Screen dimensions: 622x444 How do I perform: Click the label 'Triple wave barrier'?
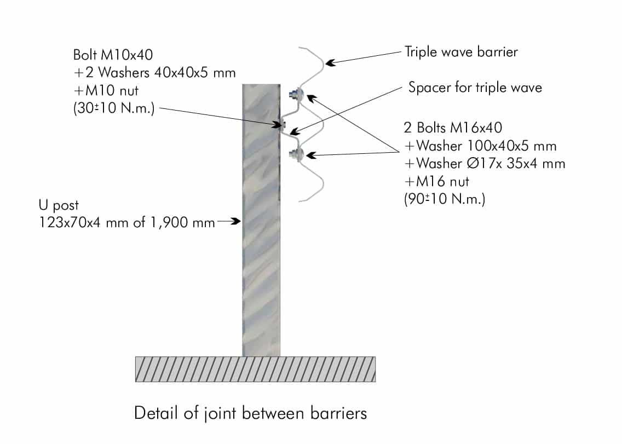point(461,52)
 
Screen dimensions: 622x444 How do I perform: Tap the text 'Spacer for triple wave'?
point(475,87)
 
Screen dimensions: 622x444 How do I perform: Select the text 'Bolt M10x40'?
point(113,55)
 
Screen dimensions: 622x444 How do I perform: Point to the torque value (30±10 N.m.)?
point(114,108)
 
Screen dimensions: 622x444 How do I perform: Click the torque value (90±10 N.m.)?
point(444,198)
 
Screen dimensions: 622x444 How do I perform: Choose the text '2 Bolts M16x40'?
point(453,128)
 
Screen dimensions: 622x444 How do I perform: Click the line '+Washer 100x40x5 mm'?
point(480,146)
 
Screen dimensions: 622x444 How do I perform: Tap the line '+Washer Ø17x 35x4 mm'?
point(485,163)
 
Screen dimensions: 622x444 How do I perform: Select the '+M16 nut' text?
point(436,181)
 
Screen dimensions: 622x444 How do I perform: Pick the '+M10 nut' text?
point(106,90)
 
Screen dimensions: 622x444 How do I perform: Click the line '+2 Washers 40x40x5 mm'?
point(155,73)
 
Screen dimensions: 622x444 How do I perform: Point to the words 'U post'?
point(59,205)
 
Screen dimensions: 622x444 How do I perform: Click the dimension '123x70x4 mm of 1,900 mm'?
point(127,222)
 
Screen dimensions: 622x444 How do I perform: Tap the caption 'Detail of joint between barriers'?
point(251,413)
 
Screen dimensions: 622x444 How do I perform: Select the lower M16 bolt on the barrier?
point(296,154)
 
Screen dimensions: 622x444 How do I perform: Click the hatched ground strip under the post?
point(256,370)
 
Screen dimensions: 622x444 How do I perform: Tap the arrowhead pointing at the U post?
point(235,221)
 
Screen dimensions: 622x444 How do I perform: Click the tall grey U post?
point(261,220)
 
